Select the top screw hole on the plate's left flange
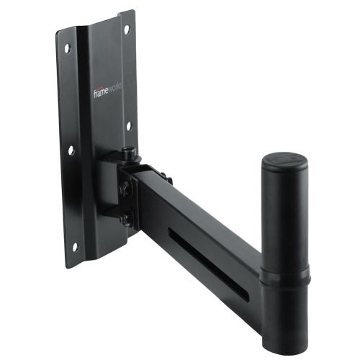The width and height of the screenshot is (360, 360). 69,49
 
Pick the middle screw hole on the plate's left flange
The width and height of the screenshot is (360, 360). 72,150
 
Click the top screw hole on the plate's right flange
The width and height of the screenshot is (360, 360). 127,29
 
